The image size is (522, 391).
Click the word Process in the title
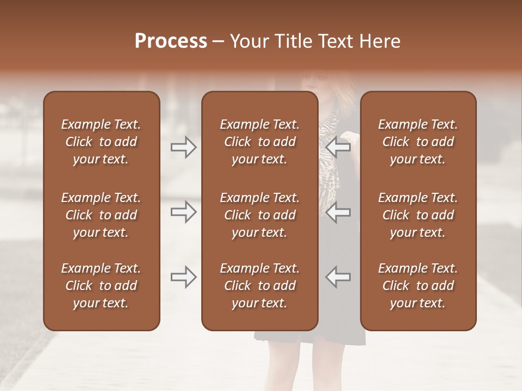coord(171,41)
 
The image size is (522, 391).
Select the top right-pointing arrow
coord(184,147)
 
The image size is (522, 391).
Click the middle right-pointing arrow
coord(184,212)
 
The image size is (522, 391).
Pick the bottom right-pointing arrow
coord(184,278)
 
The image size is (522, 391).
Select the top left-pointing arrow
coord(338,147)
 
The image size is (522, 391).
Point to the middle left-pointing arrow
coord(338,212)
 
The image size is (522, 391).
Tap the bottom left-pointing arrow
coord(338,278)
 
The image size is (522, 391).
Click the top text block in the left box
coord(101,142)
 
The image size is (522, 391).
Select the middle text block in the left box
coord(101,215)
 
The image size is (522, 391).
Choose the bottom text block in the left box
coord(101,286)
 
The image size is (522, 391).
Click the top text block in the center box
coord(260,142)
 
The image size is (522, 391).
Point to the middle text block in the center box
coord(260,215)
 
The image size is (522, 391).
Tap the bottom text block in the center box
coord(260,286)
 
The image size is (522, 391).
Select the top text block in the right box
coord(418,142)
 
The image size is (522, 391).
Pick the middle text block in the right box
coord(418,215)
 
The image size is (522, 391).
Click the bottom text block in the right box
coord(418,286)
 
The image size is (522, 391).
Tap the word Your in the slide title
coord(249,41)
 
